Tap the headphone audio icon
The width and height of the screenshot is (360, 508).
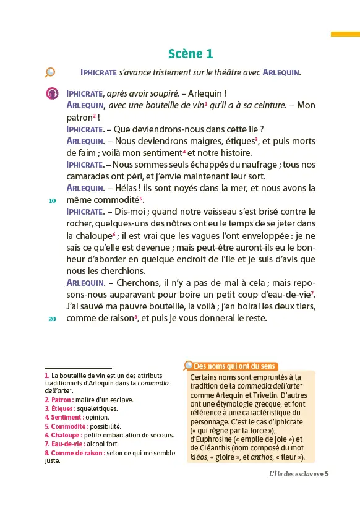(x=53, y=93)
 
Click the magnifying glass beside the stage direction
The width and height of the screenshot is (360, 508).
(x=50, y=72)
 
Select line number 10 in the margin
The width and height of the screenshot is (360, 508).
(x=53, y=200)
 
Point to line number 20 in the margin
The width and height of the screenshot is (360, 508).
(x=53, y=319)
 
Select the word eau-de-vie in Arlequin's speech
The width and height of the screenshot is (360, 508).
(x=289, y=295)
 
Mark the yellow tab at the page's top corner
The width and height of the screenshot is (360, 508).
(x=345, y=34)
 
